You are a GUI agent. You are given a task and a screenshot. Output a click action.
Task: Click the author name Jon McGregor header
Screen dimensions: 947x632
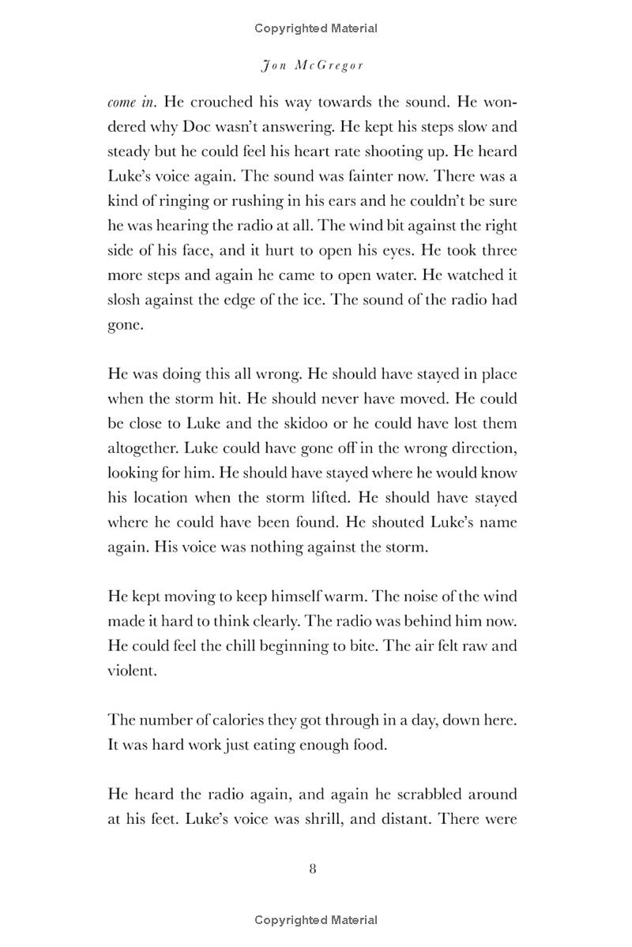312,66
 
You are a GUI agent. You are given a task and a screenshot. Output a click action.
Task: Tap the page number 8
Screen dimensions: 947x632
313,869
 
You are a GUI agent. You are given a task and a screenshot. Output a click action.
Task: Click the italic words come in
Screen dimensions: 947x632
131,103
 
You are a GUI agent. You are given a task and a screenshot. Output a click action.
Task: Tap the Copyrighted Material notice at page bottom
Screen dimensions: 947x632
316,919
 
